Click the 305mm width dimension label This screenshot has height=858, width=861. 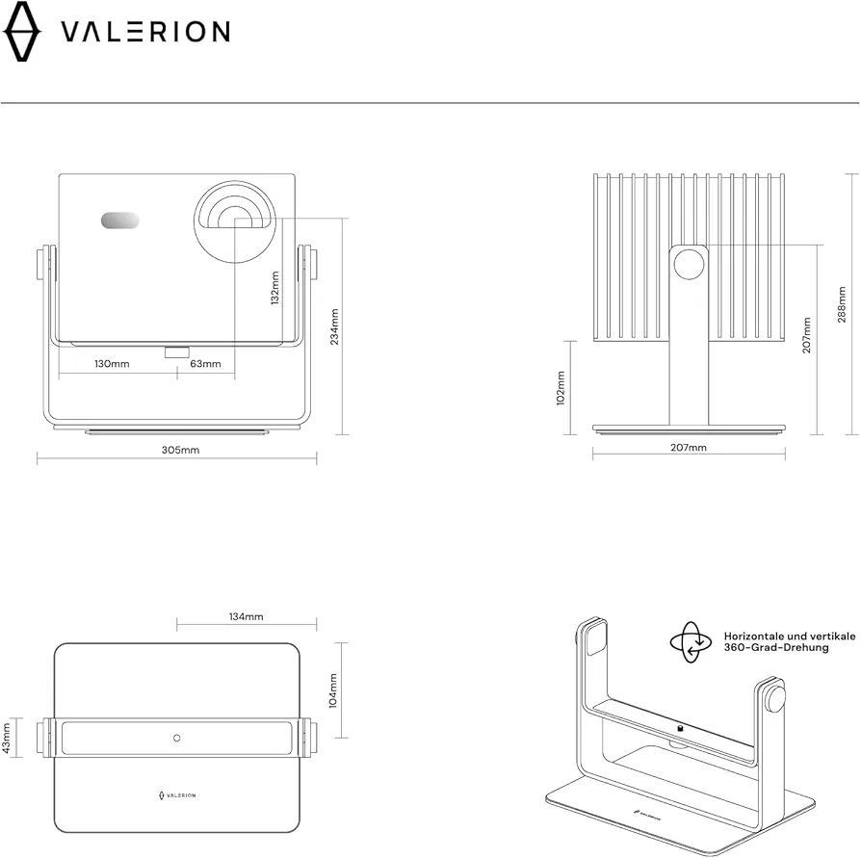180,450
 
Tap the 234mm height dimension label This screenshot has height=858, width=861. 334,326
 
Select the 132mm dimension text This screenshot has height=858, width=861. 275,288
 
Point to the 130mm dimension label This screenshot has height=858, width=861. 112,364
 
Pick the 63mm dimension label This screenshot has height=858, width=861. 205,364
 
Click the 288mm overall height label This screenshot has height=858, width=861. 842,304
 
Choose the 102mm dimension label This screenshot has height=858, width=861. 561,388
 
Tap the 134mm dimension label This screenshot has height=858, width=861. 246,617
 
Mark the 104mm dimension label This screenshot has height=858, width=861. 333,691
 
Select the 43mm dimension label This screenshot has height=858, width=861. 7,738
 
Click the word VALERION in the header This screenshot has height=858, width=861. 145,32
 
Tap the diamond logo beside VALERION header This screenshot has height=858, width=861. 22,31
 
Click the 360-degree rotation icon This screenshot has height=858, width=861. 691,642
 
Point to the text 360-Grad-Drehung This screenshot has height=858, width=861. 776,648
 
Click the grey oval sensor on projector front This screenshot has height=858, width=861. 119,221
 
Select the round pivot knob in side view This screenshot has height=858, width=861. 690,265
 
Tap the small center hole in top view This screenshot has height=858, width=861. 177,739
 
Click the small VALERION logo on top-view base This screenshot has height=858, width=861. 177,795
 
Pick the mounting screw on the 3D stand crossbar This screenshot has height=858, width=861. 679,729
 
